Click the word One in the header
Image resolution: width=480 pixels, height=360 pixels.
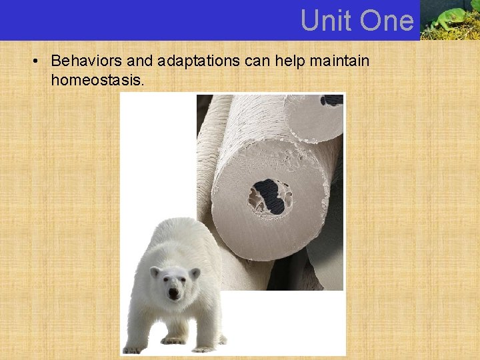(386, 21)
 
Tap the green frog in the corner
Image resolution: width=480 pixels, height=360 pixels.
(449, 19)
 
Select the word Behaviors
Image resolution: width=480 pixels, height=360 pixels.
(87, 61)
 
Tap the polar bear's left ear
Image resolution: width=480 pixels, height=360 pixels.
(155, 272)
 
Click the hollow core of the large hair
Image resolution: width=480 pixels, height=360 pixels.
(270, 197)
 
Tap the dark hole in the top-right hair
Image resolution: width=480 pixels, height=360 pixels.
(331, 100)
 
